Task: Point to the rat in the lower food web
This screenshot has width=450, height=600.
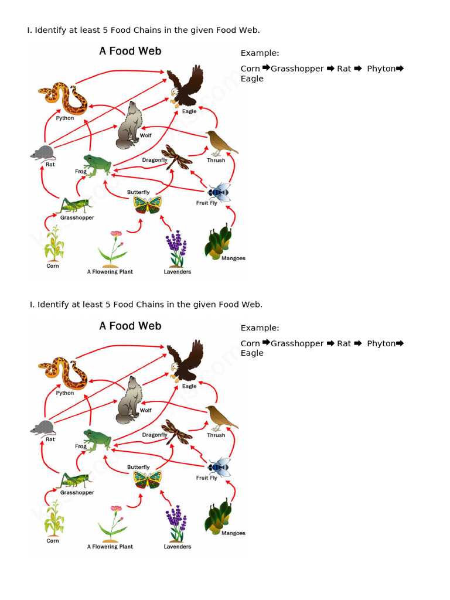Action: (42, 428)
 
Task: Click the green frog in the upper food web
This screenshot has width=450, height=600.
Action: (97, 165)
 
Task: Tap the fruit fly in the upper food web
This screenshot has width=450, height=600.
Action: (218, 192)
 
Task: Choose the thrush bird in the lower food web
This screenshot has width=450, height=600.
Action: (220, 417)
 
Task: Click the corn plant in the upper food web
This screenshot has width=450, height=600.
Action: (54, 244)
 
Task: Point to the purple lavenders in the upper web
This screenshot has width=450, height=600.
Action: (176, 248)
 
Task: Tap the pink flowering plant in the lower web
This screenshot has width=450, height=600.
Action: (112, 523)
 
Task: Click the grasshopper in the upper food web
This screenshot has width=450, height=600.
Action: (75, 206)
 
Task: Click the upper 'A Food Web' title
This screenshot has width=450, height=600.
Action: (130, 51)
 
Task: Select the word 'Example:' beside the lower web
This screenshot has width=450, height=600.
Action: (260, 328)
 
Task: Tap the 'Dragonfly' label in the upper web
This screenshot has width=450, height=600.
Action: (155, 160)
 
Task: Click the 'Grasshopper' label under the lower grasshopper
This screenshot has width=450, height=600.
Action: (77, 493)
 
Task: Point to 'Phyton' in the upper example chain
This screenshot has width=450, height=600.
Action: (381, 69)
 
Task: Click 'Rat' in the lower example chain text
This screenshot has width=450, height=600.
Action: (344, 343)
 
